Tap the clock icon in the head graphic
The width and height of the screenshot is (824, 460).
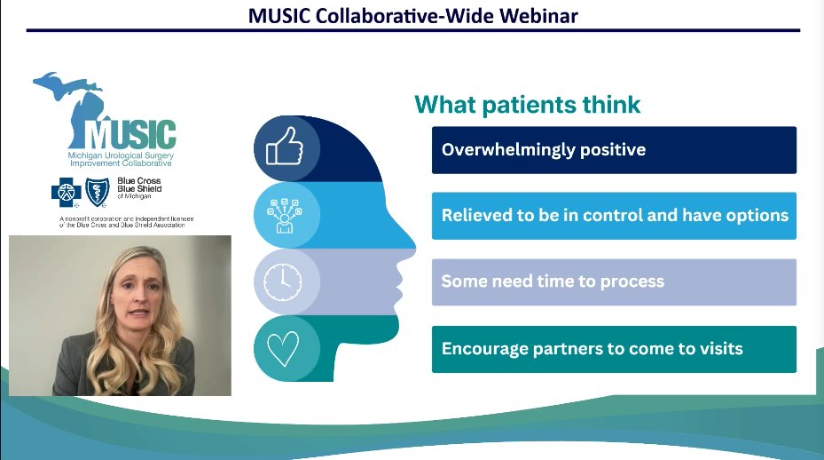click(x=283, y=282)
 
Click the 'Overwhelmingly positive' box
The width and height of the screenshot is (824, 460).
click(x=614, y=150)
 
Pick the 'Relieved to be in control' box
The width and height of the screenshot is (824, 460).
click(x=614, y=216)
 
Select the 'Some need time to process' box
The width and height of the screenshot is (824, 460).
click(x=614, y=282)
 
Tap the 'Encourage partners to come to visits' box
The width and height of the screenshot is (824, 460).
click(x=614, y=349)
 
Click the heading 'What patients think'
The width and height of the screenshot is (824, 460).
click(x=527, y=105)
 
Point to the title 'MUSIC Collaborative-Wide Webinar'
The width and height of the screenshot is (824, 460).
click(x=412, y=15)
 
